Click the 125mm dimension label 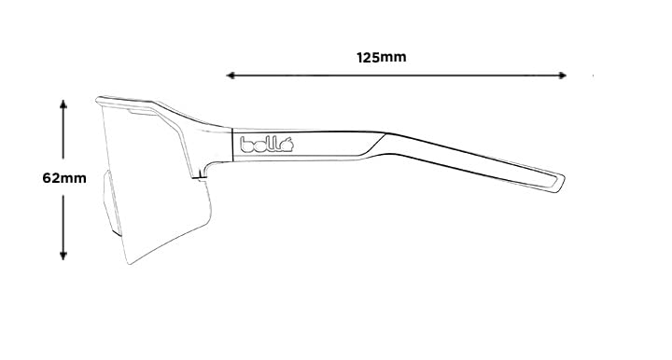pyautogui.click(x=382, y=57)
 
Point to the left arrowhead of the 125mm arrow pyautogui.click(x=230, y=75)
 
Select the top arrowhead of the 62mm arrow pyautogui.click(x=63, y=105)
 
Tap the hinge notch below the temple pyautogui.click(x=200, y=173)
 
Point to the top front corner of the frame pyautogui.click(x=100, y=99)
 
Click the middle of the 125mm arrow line pyautogui.click(x=397, y=75)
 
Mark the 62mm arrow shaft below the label pyautogui.click(x=63, y=219)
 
